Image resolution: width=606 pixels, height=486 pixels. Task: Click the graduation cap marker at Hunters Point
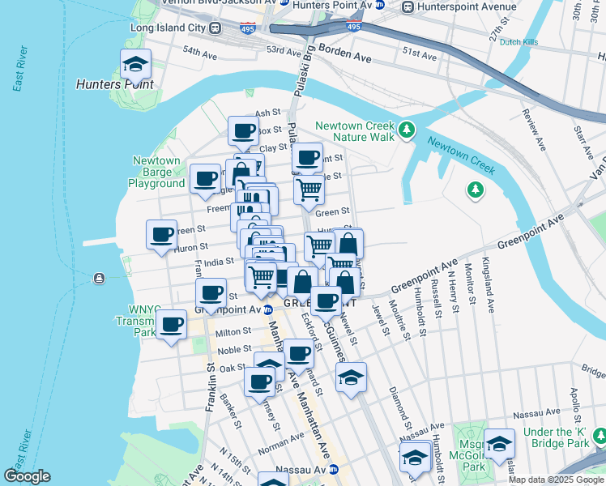pos(136,64)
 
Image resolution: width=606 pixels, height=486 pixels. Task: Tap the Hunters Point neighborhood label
pos(114,83)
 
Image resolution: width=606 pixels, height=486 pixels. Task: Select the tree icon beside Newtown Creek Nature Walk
pos(406,130)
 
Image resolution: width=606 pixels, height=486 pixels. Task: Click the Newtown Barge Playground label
pos(156,172)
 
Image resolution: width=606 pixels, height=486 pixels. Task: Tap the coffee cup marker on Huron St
pos(161,235)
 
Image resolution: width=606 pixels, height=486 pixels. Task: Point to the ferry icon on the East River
pos(99,279)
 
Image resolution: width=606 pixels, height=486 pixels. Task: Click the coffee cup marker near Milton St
pos(170,326)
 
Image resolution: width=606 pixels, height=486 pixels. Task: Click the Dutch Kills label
pos(520,42)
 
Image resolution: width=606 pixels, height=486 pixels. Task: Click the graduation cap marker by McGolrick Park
pos(500,444)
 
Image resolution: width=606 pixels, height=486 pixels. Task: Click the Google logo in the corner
pos(27,476)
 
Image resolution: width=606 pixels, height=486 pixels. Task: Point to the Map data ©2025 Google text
pos(556,480)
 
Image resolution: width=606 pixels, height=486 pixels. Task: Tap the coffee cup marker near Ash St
pos(243,131)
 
